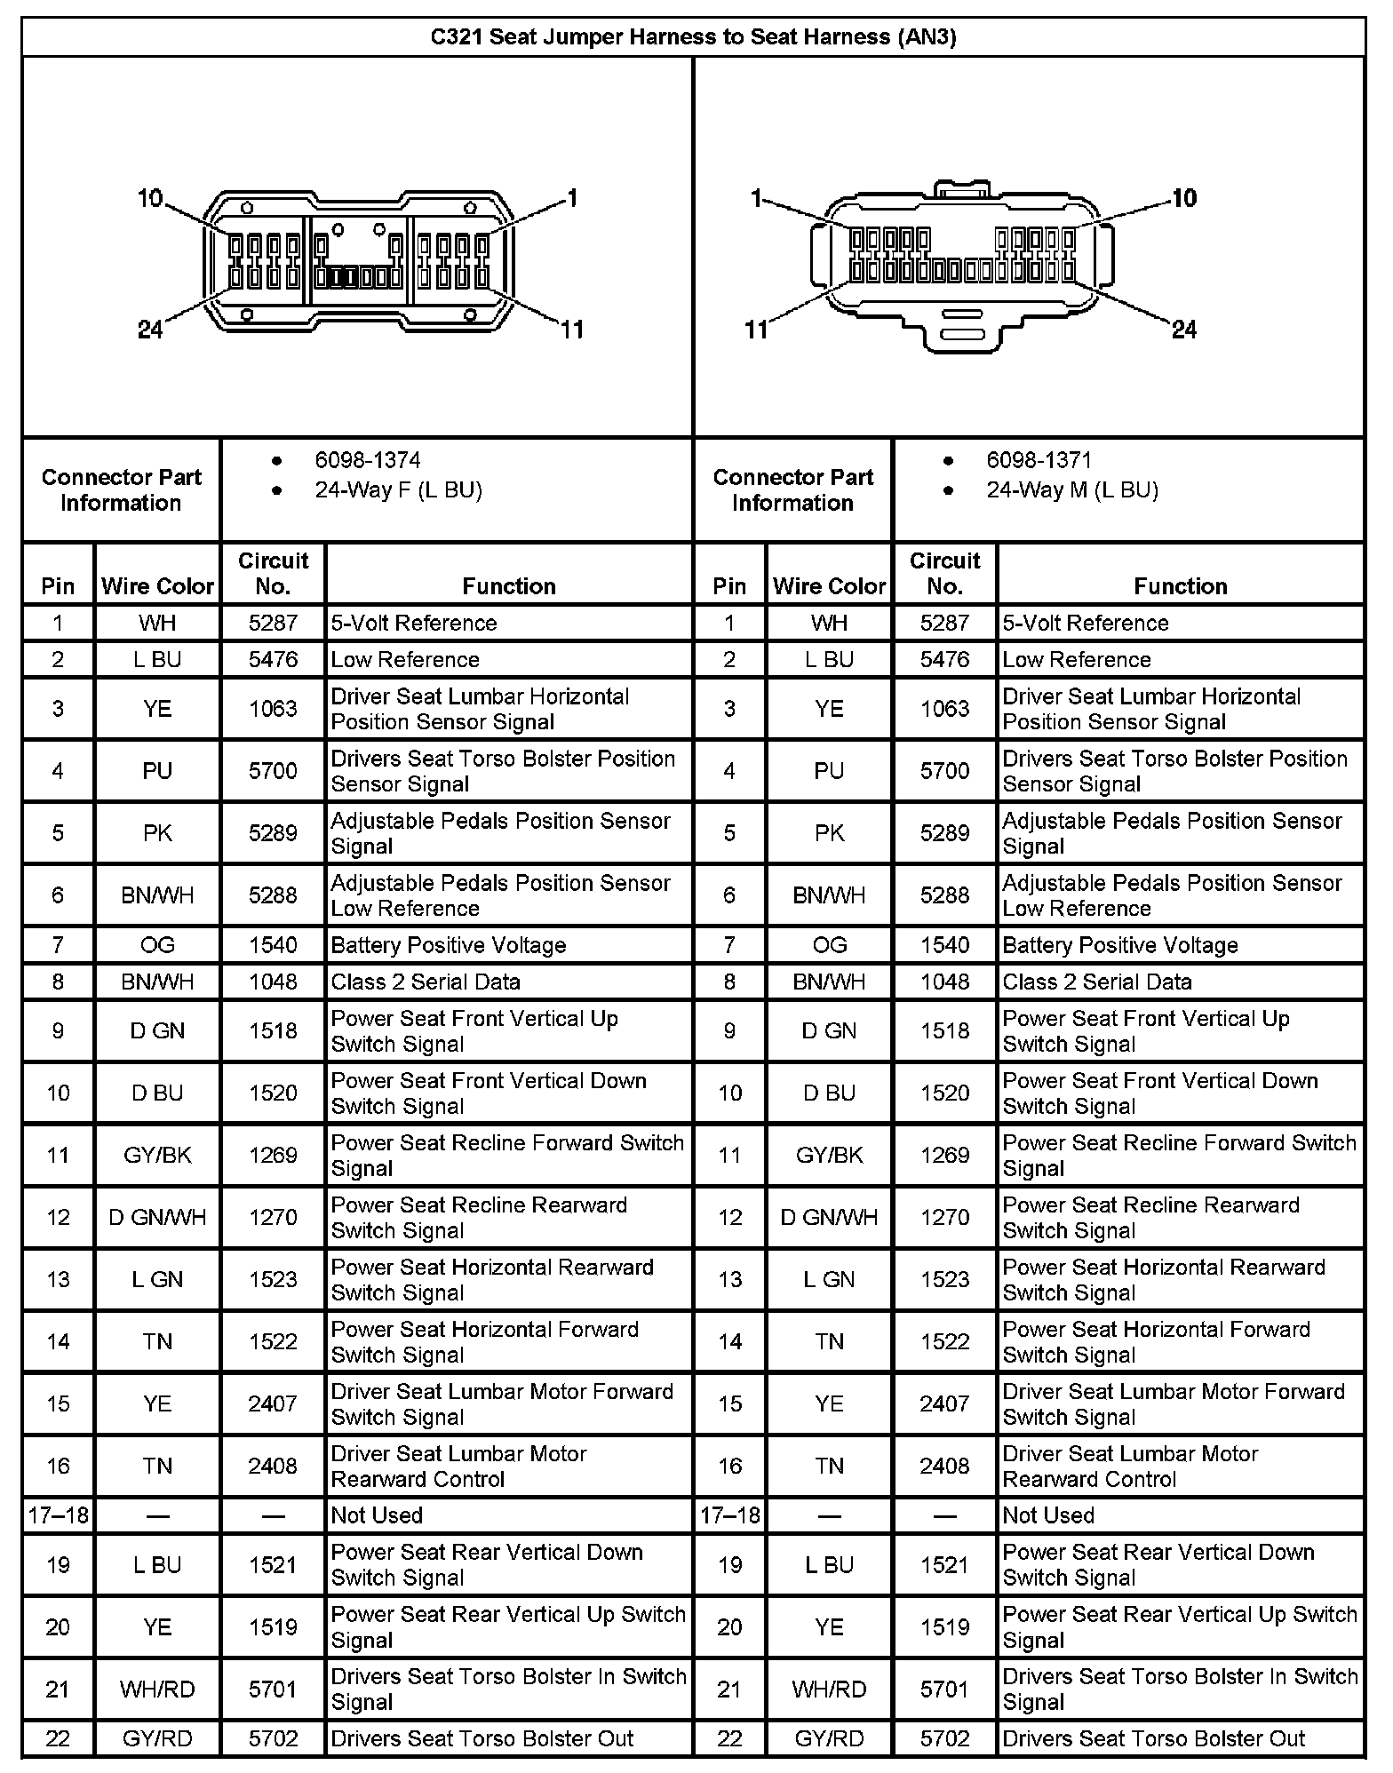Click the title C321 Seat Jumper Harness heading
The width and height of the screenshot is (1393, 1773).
(693, 37)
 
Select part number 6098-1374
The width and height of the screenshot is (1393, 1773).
(367, 460)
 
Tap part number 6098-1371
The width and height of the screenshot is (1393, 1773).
(1039, 460)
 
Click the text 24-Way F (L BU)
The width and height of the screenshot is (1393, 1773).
(398, 490)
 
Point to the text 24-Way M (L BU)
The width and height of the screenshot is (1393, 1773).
(1072, 490)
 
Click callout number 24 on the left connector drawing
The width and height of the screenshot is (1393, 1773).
(150, 330)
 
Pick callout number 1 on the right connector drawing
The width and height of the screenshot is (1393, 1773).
(756, 198)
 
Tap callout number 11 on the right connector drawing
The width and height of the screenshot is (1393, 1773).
(756, 330)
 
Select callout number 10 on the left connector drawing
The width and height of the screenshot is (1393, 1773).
(150, 198)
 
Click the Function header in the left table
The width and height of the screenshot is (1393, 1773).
(508, 586)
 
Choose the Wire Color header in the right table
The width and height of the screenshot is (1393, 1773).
(829, 586)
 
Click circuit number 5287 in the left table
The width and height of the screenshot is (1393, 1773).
(273, 623)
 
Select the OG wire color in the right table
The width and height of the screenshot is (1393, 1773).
(829, 945)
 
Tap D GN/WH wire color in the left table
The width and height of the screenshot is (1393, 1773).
(157, 1217)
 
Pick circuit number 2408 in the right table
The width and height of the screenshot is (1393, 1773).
(944, 1466)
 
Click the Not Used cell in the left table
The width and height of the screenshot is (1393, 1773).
(377, 1515)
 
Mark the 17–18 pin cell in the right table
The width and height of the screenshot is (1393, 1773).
(729, 1515)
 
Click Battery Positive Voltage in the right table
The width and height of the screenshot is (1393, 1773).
(1119, 945)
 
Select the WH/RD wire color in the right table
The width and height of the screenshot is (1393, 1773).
(829, 1689)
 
